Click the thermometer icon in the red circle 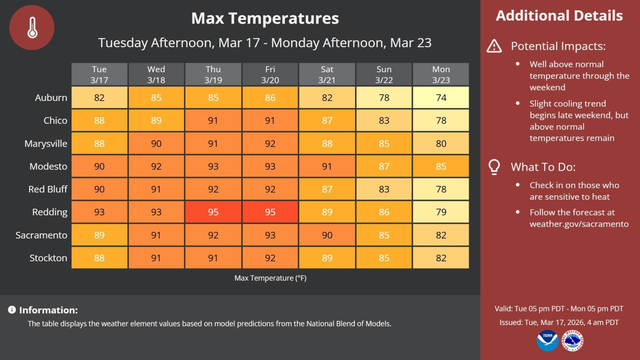[x=32, y=28]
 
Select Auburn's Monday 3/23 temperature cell [x=441, y=98]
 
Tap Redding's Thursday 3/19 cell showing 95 [x=213, y=212]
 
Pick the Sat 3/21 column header [x=327, y=74]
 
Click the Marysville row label [x=46, y=144]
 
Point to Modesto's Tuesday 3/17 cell [x=99, y=166]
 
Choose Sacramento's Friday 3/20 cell [x=270, y=235]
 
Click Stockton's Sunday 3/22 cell [x=384, y=258]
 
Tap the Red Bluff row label [x=48, y=189]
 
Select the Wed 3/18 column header [x=156, y=74]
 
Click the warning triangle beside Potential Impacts [x=494, y=46]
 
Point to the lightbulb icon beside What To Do [x=494, y=167]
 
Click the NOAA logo [x=547, y=341]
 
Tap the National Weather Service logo [x=573, y=341]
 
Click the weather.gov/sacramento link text [x=579, y=224]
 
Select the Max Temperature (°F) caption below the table [x=270, y=278]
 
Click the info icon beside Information [x=12, y=310]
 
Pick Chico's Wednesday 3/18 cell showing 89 [x=156, y=121]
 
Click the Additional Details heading [x=559, y=16]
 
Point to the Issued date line [x=559, y=322]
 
